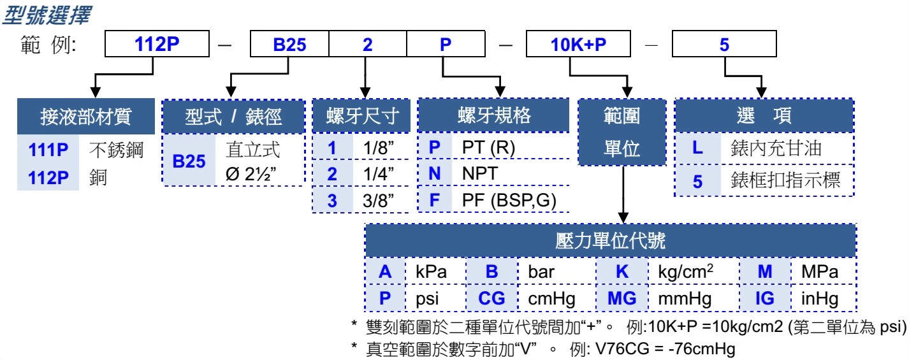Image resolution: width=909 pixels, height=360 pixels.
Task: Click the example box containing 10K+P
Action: point(578,45)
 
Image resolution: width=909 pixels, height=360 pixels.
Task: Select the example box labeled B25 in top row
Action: point(289,45)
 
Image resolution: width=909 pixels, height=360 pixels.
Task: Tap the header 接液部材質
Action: point(85,117)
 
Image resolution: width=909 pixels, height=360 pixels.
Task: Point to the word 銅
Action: point(98,178)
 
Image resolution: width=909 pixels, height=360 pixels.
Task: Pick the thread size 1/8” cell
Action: point(378,148)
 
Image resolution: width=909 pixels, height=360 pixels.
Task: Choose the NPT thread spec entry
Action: point(480,174)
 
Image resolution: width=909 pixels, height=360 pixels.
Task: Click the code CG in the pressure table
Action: point(491,298)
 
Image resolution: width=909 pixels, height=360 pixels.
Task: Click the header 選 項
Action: point(764,116)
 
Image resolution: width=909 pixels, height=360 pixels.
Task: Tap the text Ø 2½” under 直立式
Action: point(251,174)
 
